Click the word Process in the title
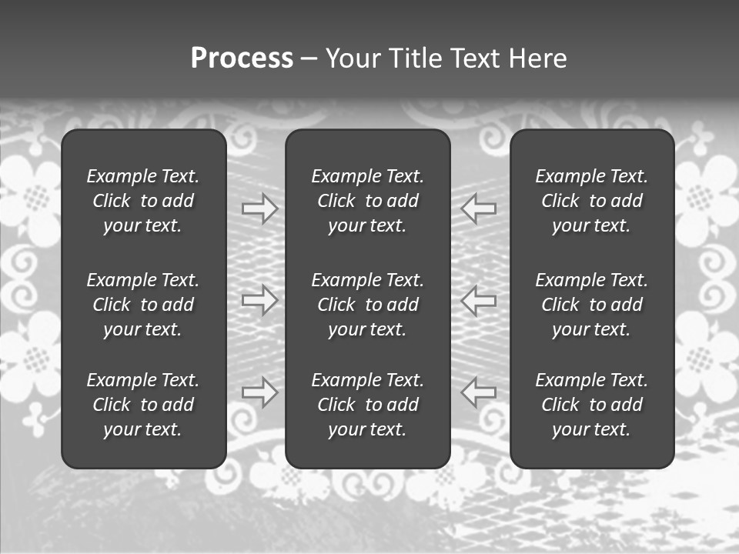coord(242,58)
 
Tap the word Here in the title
coord(537,58)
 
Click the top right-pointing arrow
coord(259,209)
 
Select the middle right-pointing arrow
coord(259,300)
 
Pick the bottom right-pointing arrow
coord(259,392)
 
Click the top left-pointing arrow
coord(479,208)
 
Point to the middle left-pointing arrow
coord(479,300)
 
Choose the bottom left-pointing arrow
coord(479,392)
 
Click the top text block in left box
coord(143,201)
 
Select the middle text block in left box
coord(143,305)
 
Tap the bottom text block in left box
coord(143,405)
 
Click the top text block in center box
coord(368,201)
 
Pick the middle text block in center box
coord(368,305)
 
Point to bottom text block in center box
coord(368,405)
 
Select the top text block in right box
coord(592,201)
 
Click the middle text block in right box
coord(592,305)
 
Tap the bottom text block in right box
coord(592,405)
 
